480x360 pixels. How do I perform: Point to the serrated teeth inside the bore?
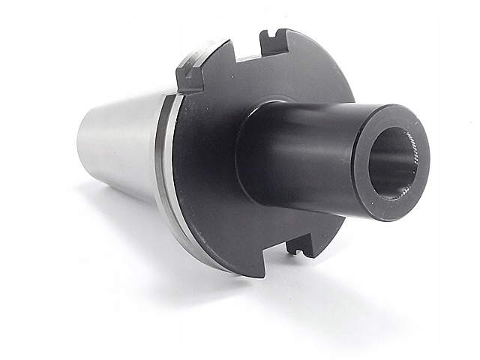tap(409, 154)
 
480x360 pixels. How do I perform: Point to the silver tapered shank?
tap(124, 146)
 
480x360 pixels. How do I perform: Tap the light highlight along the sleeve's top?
tap(322, 109)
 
